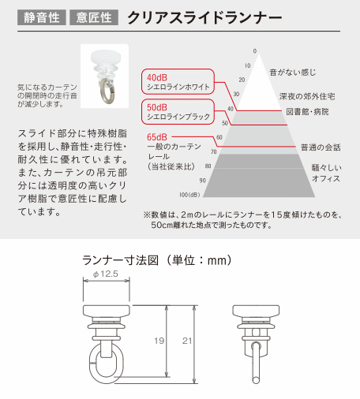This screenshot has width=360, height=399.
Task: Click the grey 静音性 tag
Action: (42, 17)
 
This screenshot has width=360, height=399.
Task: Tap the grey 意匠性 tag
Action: (94, 17)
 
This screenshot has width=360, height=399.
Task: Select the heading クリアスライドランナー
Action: (204, 18)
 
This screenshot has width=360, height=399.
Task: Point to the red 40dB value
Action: (157, 77)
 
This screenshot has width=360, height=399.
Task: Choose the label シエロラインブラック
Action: (178, 117)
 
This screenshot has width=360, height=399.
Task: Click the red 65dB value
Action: (157, 137)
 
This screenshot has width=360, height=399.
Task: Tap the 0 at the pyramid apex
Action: (255, 51)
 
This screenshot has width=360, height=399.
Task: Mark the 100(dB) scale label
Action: (189, 195)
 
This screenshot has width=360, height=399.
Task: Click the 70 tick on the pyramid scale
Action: (214, 151)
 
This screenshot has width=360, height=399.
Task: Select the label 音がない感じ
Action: (293, 73)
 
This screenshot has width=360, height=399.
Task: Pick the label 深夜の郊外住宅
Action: (307, 96)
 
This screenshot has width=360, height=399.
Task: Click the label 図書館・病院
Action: (307, 112)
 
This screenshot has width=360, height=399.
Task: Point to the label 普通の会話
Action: (321, 147)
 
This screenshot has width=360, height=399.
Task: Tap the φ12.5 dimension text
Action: (106, 274)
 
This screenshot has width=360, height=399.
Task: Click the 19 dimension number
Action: (159, 341)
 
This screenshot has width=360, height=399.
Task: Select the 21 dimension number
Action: (187, 341)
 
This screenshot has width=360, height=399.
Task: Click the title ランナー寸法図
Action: (121, 260)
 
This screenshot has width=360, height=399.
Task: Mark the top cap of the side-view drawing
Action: (256, 311)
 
